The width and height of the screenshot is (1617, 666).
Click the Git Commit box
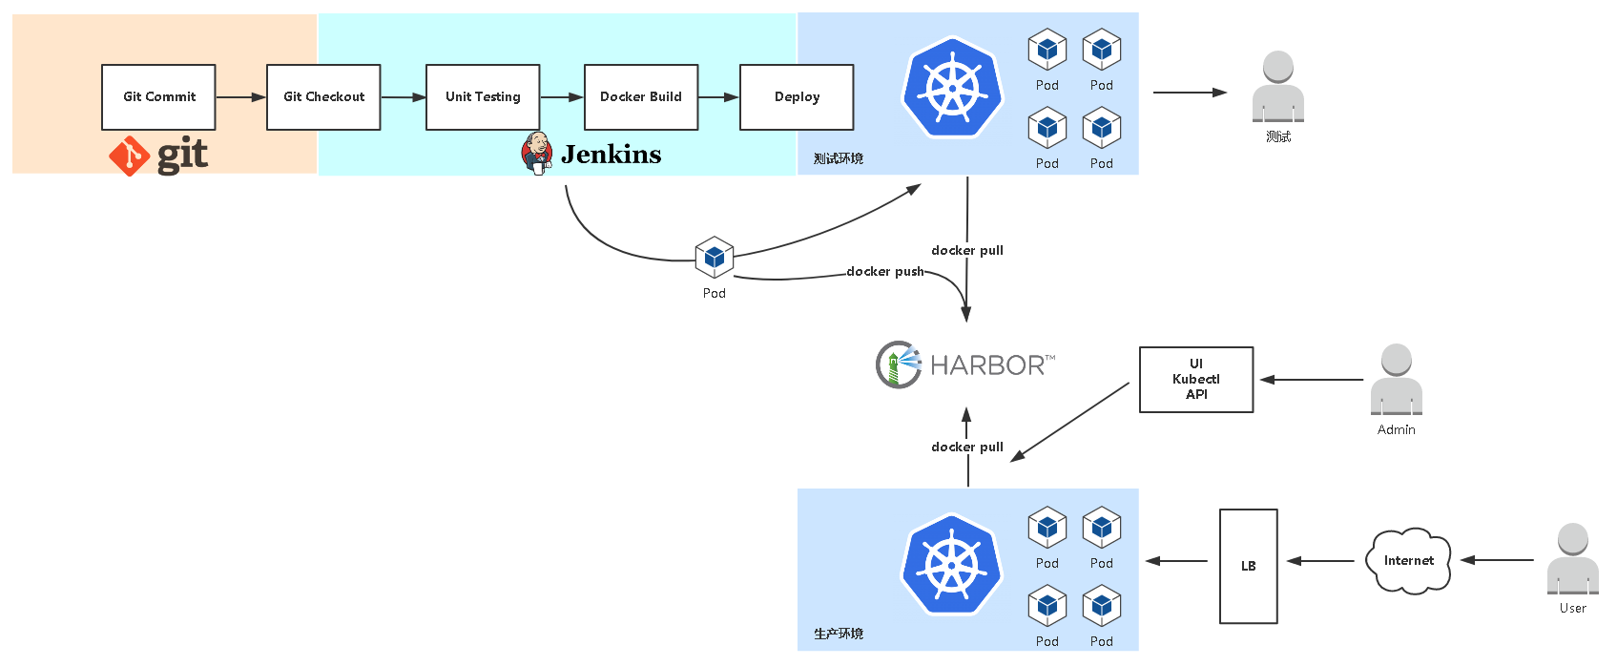click(158, 97)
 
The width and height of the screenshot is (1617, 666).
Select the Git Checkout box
click(323, 97)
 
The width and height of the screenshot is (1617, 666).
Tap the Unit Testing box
click(483, 97)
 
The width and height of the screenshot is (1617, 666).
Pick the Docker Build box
click(641, 97)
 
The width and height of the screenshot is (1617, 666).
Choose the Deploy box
click(797, 97)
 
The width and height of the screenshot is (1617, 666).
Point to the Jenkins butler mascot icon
click(537, 153)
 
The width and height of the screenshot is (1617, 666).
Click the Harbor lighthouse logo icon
click(898, 364)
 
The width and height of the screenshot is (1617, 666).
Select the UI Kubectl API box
click(1196, 380)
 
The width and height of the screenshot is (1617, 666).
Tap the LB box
click(1248, 566)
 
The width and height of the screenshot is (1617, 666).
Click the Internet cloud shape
click(1408, 561)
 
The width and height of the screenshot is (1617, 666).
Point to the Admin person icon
click(1397, 380)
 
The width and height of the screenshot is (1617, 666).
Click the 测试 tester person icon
click(1278, 87)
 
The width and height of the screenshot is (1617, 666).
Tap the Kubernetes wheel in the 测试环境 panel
click(952, 89)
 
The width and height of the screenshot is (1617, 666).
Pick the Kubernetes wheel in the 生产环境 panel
click(952, 565)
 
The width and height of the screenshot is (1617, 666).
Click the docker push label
click(885, 272)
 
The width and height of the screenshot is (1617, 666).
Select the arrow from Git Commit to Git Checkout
click(240, 97)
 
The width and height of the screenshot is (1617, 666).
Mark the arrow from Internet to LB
click(1320, 561)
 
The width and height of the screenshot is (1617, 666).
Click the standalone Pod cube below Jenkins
click(715, 257)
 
